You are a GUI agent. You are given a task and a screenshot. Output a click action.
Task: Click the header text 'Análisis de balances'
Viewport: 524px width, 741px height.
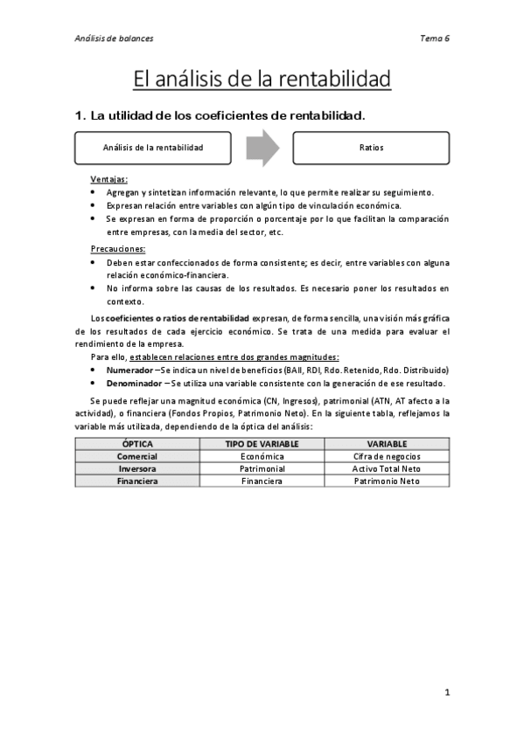(114, 38)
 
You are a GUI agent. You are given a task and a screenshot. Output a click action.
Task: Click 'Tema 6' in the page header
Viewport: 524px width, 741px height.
(435, 38)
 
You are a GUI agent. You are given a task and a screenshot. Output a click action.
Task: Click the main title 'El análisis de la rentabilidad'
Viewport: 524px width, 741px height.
(262, 80)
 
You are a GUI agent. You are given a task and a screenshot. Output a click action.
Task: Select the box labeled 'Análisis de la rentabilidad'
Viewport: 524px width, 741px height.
(153, 148)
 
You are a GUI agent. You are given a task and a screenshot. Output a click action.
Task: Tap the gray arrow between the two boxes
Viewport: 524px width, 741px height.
(262, 148)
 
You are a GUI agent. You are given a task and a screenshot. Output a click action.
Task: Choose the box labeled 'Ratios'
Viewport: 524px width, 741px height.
(371, 148)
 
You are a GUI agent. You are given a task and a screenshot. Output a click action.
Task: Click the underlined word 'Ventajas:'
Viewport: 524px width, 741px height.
(109, 179)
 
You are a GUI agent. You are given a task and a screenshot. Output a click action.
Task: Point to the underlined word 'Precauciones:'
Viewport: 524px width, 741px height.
(119, 249)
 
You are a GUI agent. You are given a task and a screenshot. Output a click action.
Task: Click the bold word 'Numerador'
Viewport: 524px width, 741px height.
(129, 370)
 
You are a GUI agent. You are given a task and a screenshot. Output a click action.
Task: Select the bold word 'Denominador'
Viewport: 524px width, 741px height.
(135, 383)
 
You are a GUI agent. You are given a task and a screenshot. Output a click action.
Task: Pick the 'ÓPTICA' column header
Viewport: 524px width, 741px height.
(137, 444)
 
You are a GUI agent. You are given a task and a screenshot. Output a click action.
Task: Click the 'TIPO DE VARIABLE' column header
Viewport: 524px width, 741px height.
(262, 444)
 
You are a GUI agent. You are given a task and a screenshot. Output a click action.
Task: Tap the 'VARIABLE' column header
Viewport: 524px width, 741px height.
(387, 444)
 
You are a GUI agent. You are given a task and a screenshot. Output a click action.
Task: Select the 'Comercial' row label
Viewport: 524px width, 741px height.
(137, 456)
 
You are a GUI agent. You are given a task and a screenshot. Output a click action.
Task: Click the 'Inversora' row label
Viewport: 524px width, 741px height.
(137, 468)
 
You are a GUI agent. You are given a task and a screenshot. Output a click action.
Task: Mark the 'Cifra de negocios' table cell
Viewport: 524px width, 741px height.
(387, 456)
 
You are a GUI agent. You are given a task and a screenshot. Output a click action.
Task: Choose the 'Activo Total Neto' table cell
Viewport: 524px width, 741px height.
(387, 468)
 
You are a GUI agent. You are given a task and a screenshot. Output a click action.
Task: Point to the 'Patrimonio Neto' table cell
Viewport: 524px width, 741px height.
(387, 481)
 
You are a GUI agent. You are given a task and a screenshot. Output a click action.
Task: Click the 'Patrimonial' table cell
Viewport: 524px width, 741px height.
(262, 468)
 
